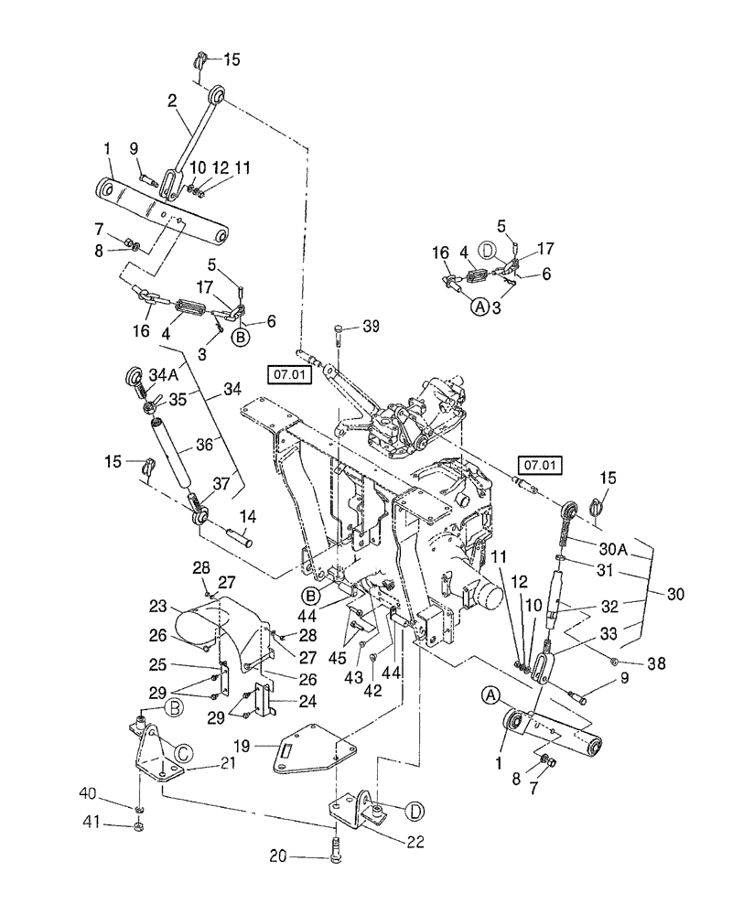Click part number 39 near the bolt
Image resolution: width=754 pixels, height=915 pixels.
(370, 327)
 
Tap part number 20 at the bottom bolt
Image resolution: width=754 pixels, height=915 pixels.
(280, 856)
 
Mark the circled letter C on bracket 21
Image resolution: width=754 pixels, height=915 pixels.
(183, 754)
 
